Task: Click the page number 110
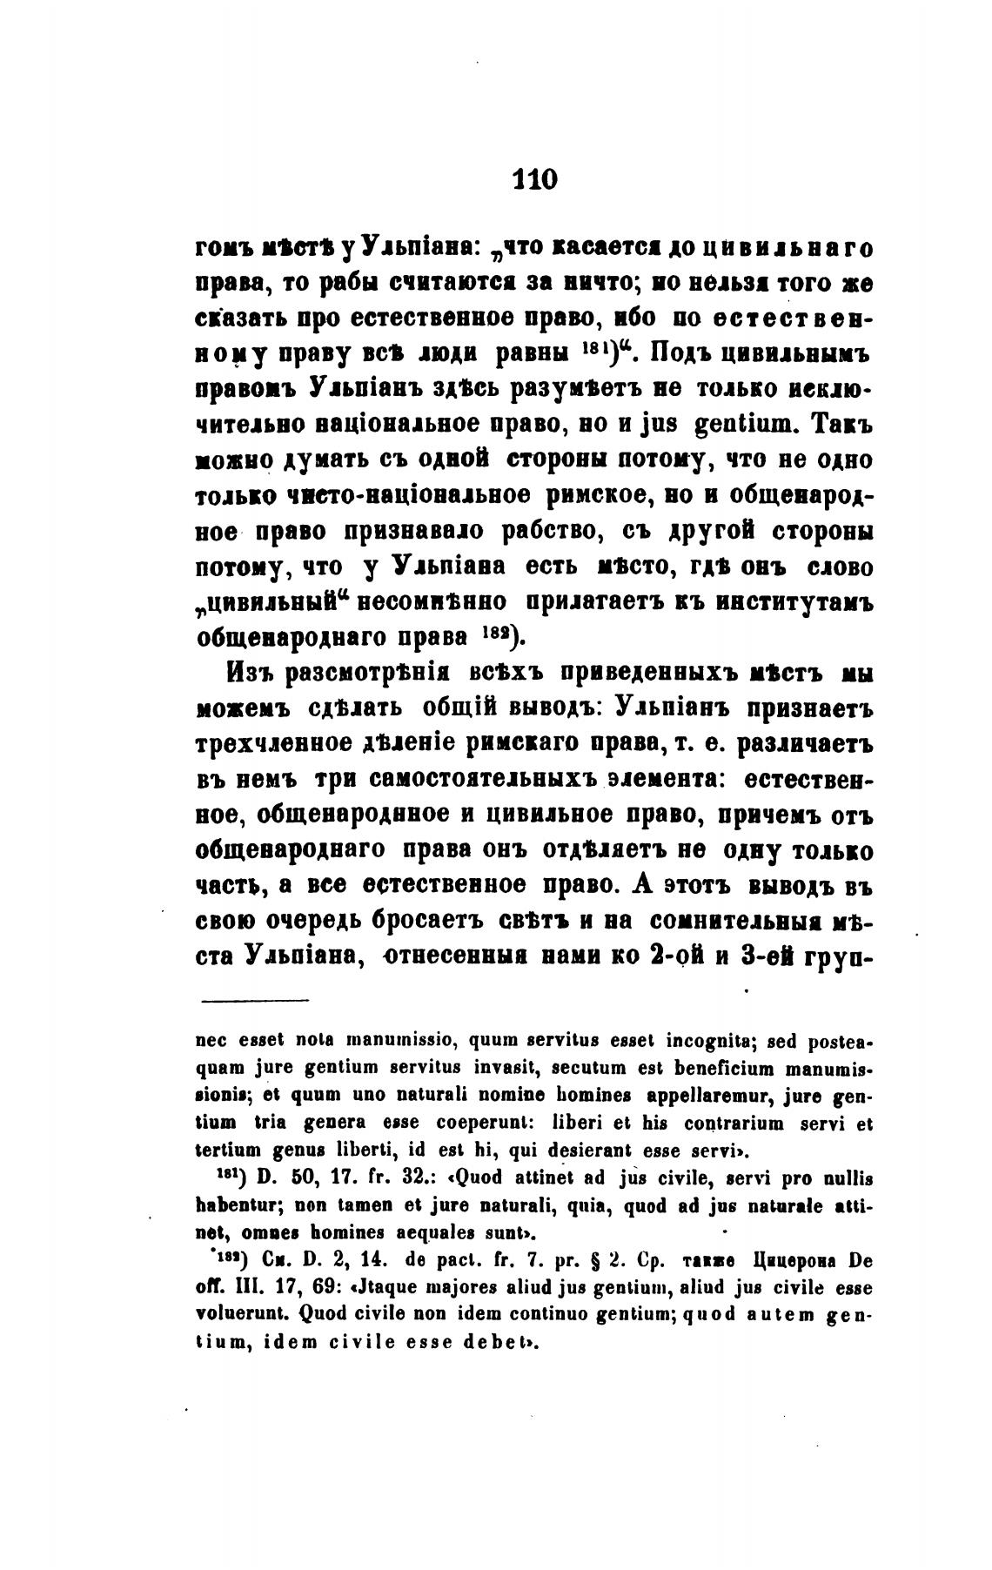click(x=535, y=179)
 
